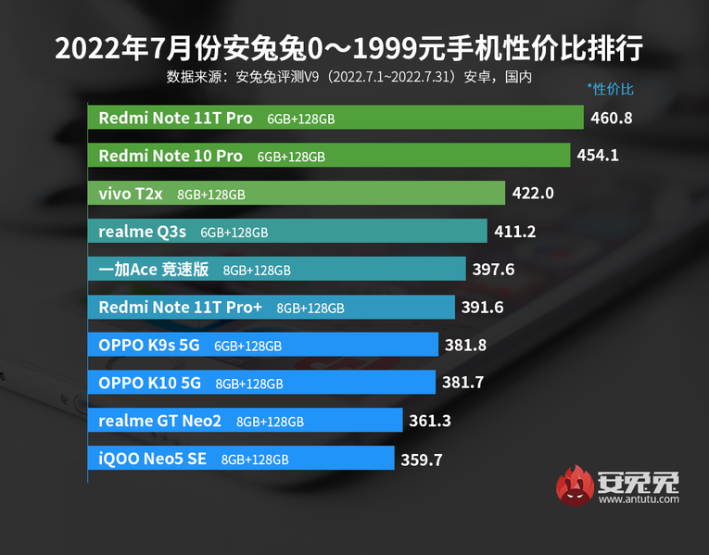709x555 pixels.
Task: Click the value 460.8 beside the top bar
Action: click(x=611, y=119)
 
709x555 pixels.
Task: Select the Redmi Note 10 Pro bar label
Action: click(x=171, y=157)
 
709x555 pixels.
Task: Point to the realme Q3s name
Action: click(x=142, y=232)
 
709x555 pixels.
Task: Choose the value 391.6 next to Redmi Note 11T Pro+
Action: click(x=482, y=308)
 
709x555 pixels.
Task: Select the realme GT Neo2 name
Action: click(x=160, y=421)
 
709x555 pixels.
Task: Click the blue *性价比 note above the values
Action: click(x=610, y=90)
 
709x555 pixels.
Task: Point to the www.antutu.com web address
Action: click(x=639, y=499)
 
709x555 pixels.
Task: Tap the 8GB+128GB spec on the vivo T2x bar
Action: click(x=211, y=195)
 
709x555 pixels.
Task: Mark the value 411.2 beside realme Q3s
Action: click(x=515, y=232)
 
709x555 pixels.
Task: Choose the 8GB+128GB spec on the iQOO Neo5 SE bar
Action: click(x=255, y=459)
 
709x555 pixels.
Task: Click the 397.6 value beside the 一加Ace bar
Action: click(x=492, y=270)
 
